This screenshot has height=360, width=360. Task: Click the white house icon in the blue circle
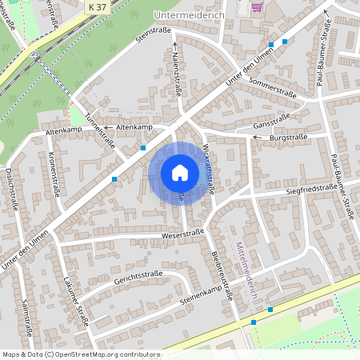[180, 172]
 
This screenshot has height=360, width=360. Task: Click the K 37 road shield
[98, 6]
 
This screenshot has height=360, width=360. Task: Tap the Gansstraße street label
[270, 122]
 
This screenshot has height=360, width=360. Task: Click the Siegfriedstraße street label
[313, 189]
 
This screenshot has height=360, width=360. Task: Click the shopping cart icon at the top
[257, 6]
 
